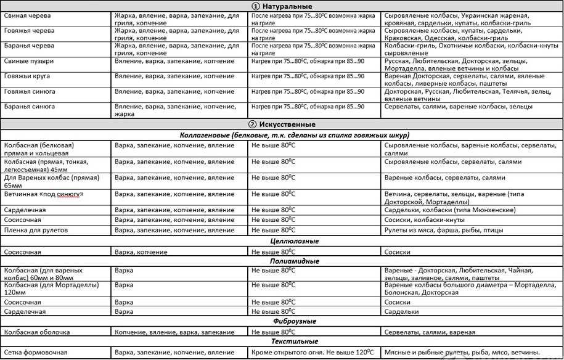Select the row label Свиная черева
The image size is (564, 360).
tap(28, 15)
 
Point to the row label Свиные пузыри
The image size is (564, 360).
tap(29, 61)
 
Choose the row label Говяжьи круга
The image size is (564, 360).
tap(27, 76)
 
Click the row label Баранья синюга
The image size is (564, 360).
tap(30, 106)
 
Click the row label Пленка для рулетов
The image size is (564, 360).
tap(36, 230)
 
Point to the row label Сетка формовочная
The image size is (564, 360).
tap(36, 353)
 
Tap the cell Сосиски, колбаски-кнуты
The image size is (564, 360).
tap(424, 219)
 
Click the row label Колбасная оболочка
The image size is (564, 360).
tap(37, 332)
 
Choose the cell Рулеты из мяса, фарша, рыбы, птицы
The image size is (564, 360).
tap(444, 230)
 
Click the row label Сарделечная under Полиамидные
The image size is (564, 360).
tap(25, 312)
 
